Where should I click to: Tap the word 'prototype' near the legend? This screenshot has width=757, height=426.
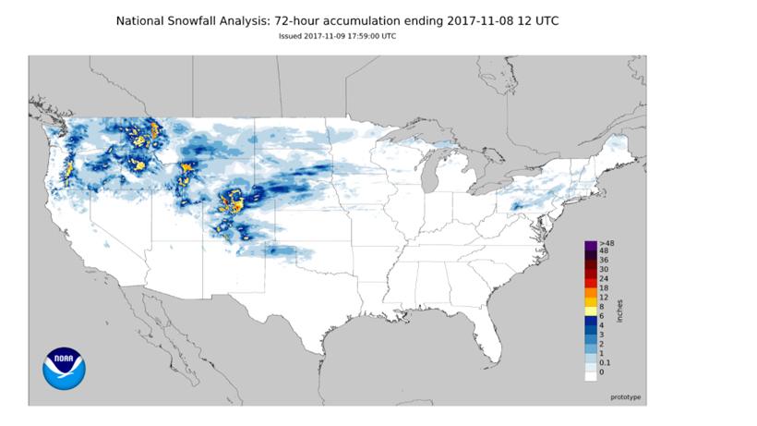point(626,396)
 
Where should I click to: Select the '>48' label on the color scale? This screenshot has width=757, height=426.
point(604,243)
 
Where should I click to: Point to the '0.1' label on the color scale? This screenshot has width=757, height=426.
point(605,363)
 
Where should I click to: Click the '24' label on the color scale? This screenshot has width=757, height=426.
point(603,277)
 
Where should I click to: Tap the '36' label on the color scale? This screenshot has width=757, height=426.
point(603,260)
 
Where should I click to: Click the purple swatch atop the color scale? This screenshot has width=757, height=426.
point(590,243)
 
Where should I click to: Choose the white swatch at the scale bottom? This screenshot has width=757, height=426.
point(590,372)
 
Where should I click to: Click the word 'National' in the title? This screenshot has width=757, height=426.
point(146,20)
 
